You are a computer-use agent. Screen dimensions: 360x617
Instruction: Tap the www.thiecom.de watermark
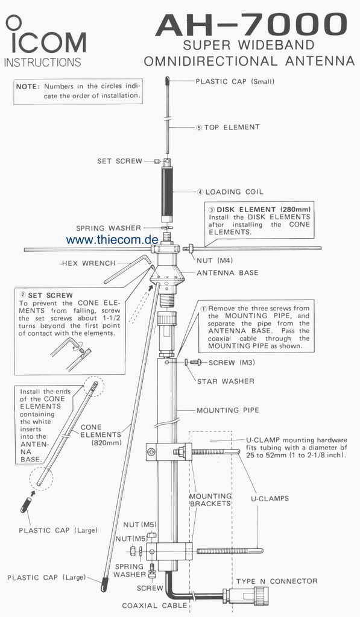click(112, 239)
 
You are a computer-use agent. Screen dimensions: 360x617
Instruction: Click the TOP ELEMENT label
click(232, 128)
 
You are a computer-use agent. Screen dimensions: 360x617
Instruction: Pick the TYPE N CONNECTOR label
click(277, 581)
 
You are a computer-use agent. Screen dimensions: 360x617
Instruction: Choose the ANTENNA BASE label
click(228, 273)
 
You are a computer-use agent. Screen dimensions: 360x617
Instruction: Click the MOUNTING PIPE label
click(228, 410)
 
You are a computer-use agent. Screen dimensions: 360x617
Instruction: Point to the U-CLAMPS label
click(270, 498)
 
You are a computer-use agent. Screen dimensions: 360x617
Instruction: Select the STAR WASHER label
click(226, 381)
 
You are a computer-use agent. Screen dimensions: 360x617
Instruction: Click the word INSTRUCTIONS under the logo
click(43, 62)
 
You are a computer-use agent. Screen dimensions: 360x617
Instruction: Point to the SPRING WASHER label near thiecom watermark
click(109, 228)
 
